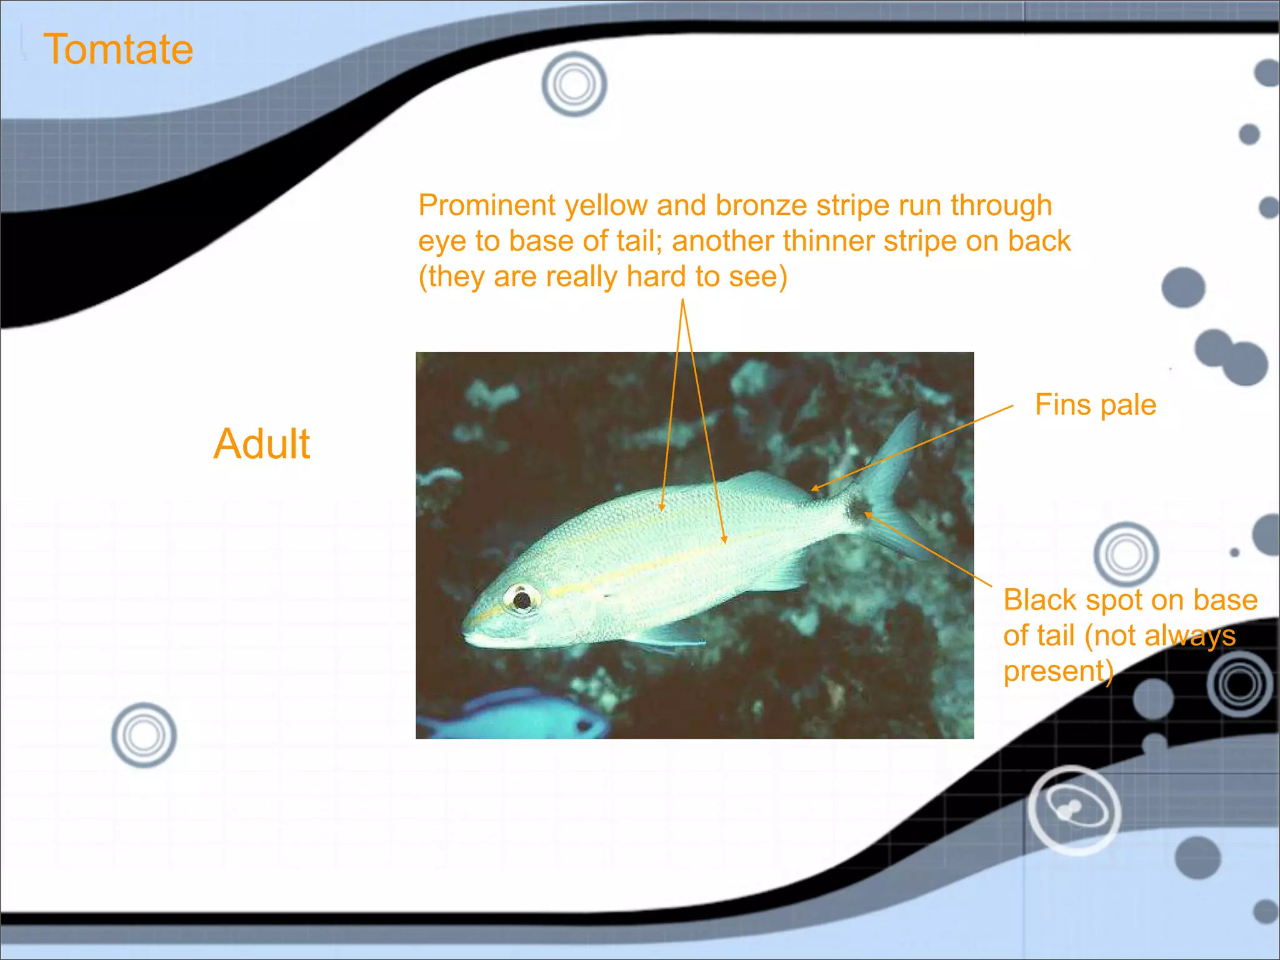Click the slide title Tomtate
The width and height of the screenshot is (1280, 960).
pyautogui.click(x=118, y=49)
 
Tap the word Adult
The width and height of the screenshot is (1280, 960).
pyautogui.click(x=262, y=444)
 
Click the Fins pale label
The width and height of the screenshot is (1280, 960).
pyautogui.click(x=1095, y=405)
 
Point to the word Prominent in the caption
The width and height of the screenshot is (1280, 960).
pyautogui.click(x=487, y=206)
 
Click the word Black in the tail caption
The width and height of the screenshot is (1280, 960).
pyautogui.click(x=1041, y=600)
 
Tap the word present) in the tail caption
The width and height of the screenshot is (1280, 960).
pyautogui.click(x=1058, y=671)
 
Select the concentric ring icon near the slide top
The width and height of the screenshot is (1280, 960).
pyautogui.click(x=574, y=84)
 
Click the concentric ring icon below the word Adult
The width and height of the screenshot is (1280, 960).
pyautogui.click(x=144, y=735)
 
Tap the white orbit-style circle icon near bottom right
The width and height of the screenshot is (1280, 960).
pyautogui.click(x=1074, y=809)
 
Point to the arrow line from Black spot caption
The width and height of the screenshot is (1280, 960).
pyautogui.click(x=931, y=550)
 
